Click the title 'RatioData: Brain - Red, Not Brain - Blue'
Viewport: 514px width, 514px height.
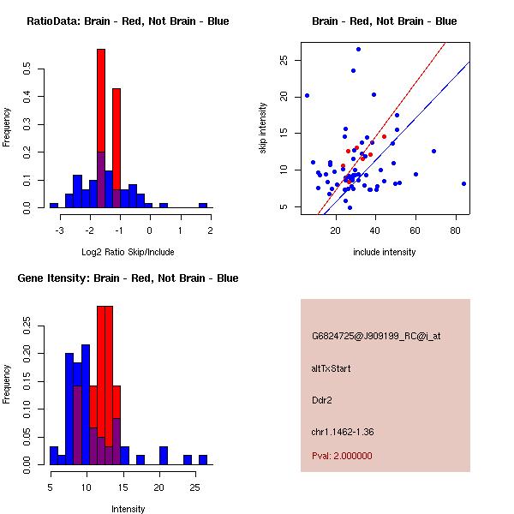[128, 21]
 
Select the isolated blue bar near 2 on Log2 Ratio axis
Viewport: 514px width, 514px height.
[203, 205]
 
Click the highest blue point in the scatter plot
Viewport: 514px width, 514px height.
[358, 49]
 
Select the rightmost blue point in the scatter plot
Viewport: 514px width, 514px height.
[463, 183]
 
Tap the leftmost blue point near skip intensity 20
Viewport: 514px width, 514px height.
[307, 95]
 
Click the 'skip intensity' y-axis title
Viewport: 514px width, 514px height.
[263, 128]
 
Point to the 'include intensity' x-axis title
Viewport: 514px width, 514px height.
[385, 253]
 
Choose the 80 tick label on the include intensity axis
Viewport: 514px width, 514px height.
[455, 230]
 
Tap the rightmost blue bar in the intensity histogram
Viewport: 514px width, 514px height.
[203, 459]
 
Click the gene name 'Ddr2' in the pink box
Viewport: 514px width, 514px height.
[322, 399]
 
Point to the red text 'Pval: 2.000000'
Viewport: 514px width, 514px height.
[342, 456]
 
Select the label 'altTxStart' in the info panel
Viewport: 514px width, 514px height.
[332, 368]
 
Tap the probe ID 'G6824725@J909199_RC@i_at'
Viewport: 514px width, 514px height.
[376, 337]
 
